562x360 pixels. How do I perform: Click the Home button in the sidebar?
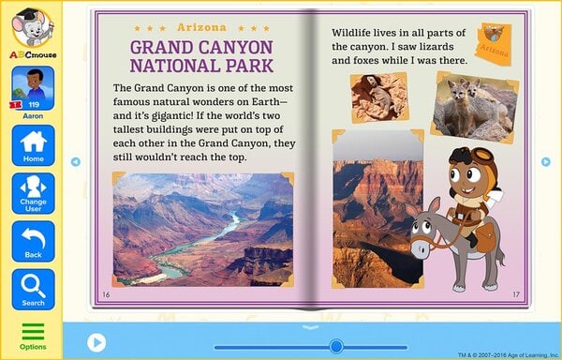point(33,145)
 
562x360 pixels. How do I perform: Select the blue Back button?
point(33,241)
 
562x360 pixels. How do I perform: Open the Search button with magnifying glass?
point(33,289)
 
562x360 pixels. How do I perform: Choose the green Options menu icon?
point(33,335)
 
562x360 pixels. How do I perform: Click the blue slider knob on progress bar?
point(336,346)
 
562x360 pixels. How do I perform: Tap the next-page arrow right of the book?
point(546,161)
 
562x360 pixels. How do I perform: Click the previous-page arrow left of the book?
point(76,161)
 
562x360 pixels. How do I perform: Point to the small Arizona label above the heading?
point(201,29)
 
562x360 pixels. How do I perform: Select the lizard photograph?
point(379,97)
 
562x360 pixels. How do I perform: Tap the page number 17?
point(515,294)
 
